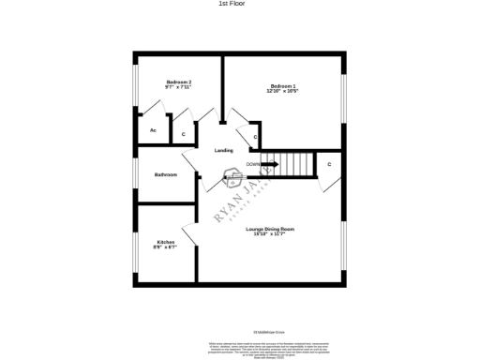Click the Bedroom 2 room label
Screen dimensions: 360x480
[178, 82]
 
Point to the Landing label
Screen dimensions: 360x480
[223, 150]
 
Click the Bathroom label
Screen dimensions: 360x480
[166, 174]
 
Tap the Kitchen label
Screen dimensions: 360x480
[165, 242]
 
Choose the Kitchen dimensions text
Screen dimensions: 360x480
[165, 247]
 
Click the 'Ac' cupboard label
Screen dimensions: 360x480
[153, 130]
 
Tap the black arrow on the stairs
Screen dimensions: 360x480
[270, 164]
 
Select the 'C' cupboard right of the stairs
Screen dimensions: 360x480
[329, 164]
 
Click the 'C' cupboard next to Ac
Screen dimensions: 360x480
[183, 134]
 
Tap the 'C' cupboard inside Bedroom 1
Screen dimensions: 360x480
[255, 137]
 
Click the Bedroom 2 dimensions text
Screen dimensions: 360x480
[178, 88]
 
